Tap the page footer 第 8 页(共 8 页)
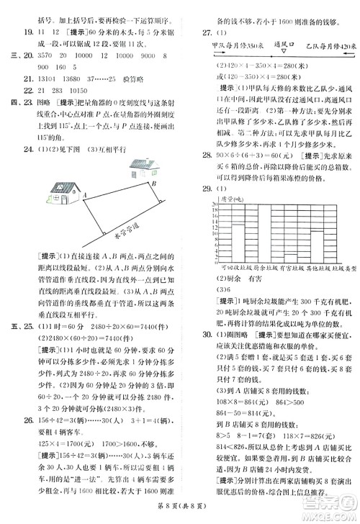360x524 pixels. (x=180, y=513)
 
